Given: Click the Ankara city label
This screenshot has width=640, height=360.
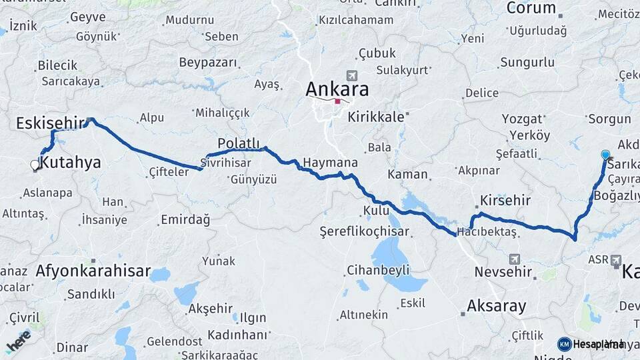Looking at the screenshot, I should click(x=337, y=89).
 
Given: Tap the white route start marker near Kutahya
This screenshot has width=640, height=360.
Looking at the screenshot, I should click(x=35, y=165).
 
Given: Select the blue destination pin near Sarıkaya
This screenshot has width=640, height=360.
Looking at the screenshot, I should click(x=605, y=155).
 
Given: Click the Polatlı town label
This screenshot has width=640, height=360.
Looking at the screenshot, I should click(x=238, y=143).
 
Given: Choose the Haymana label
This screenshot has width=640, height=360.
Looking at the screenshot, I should click(x=330, y=163).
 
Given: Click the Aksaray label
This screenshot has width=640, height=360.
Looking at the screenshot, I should click(x=497, y=306).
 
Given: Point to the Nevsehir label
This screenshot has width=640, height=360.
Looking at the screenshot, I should click(x=503, y=272).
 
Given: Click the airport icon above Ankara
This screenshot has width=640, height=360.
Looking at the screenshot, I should click(x=352, y=75).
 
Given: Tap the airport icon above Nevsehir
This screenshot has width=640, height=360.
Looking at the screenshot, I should click(x=513, y=258).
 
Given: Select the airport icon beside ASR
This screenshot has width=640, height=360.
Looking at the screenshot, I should click(x=615, y=259).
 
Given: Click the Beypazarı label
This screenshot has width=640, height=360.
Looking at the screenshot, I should click(x=208, y=62).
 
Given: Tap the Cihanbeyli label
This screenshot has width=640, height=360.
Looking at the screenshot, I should click(x=378, y=271).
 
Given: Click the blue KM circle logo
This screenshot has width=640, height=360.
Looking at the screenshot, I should click(x=565, y=344).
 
